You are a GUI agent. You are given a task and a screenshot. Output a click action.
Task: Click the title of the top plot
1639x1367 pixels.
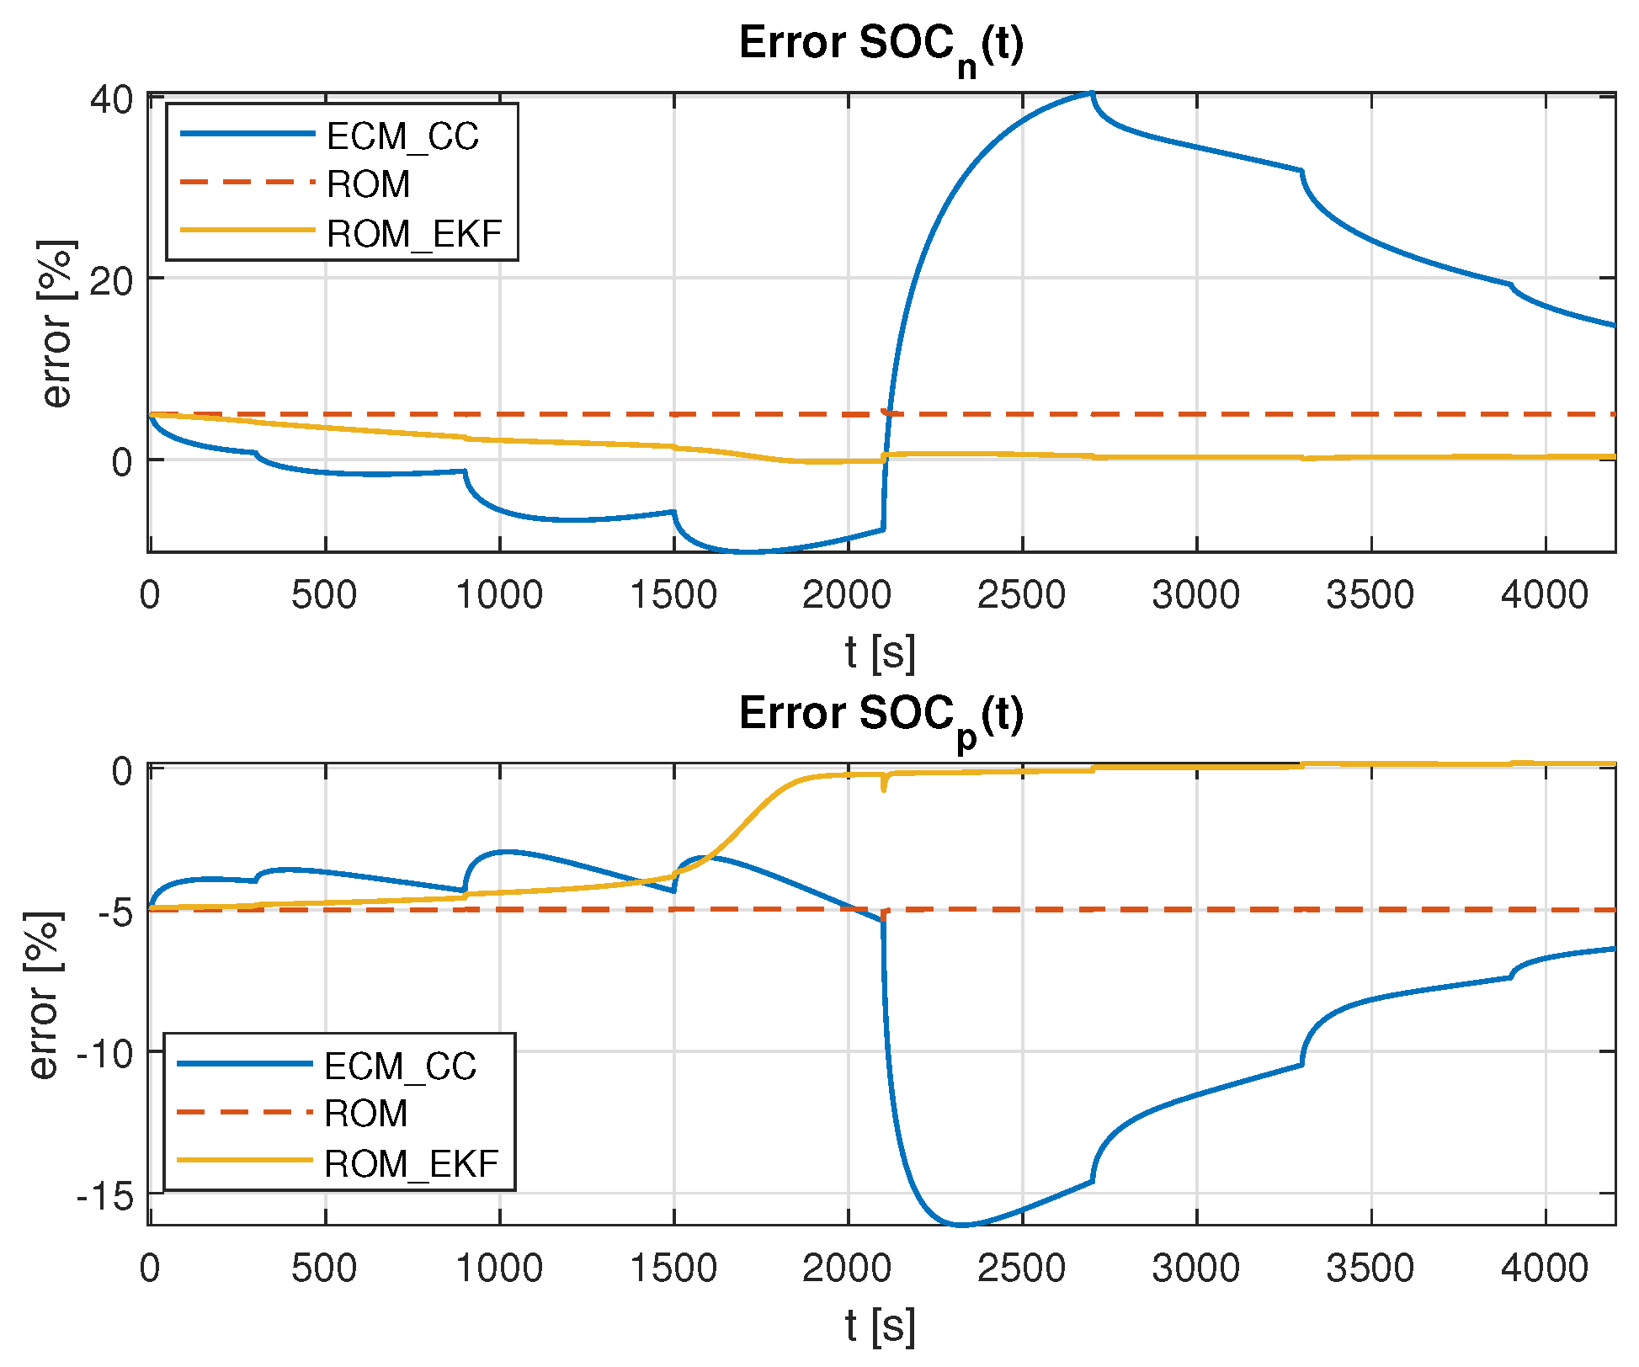click(x=881, y=45)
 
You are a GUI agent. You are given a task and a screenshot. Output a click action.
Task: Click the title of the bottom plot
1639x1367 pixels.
click(x=881, y=716)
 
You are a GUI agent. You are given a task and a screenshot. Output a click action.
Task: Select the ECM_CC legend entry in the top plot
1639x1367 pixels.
click(x=402, y=136)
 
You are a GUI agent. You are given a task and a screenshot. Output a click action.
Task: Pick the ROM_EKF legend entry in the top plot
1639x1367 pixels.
click(x=413, y=234)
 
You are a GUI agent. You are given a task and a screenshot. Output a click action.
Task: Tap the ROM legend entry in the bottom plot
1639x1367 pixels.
click(x=365, y=1114)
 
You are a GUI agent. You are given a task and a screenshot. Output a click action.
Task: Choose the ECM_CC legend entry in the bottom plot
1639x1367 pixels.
click(x=400, y=1066)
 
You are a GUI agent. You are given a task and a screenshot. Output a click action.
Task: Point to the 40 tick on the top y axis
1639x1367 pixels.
click(x=112, y=100)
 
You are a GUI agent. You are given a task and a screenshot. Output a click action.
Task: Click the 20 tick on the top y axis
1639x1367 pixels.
click(x=112, y=280)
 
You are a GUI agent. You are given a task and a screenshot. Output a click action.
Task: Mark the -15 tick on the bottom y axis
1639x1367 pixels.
click(x=105, y=1195)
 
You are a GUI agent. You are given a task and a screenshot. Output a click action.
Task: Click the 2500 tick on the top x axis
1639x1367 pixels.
click(x=1021, y=596)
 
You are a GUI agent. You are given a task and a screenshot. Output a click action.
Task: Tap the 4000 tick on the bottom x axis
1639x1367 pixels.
click(x=1545, y=1269)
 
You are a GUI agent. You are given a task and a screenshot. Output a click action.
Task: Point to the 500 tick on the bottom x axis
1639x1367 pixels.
click(x=324, y=1269)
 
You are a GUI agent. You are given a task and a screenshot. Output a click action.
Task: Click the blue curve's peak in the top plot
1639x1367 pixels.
click(x=1091, y=93)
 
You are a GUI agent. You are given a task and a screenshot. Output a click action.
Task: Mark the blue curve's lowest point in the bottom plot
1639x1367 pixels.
click(x=961, y=1225)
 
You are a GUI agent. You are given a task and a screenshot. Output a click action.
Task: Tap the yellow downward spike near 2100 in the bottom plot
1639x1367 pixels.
click(x=883, y=790)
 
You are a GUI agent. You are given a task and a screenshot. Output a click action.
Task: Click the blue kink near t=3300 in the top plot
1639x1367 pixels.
click(x=1301, y=172)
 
